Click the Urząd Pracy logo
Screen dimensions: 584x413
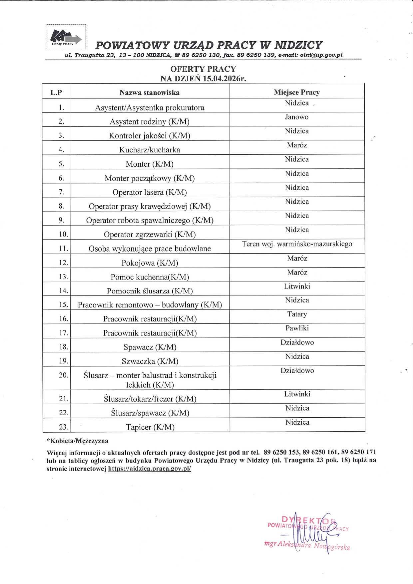[x=66, y=37]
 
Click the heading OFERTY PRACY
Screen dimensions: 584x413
[x=203, y=69]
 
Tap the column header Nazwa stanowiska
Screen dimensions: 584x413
[x=150, y=93]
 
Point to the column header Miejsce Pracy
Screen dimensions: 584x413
[x=297, y=92]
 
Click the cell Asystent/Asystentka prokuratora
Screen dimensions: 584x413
[x=150, y=107]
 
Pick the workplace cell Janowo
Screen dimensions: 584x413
[x=297, y=117]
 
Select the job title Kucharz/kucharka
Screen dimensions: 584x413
[x=150, y=150]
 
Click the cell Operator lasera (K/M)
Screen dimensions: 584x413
[x=150, y=192]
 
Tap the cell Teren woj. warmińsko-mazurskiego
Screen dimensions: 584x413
[x=297, y=244]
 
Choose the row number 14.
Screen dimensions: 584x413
[x=63, y=291]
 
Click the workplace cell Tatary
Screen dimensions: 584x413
[x=297, y=314]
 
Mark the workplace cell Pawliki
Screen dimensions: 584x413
[x=297, y=328]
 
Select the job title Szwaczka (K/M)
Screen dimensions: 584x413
[x=150, y=361]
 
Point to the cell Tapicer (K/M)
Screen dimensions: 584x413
[x=150, y=427]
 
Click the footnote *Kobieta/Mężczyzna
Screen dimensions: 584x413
[x=77, y=441]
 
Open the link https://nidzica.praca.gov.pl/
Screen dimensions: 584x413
[x=150, y=469]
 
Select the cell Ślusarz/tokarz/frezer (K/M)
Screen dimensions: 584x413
[x=150, y=399]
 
